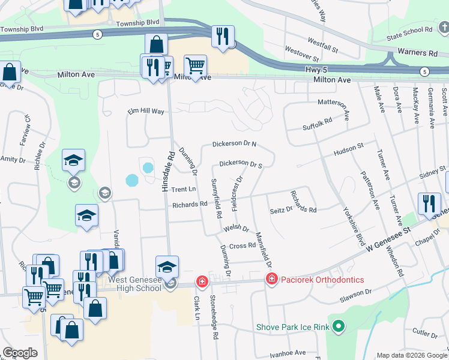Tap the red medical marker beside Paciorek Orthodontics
pos(272,279)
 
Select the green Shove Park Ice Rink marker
pos(339,327)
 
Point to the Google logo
pos(20,353)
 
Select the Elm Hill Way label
pos(146,112)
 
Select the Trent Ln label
pos(184,190)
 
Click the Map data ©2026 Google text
pos(411,355)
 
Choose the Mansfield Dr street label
pos(264,250)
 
